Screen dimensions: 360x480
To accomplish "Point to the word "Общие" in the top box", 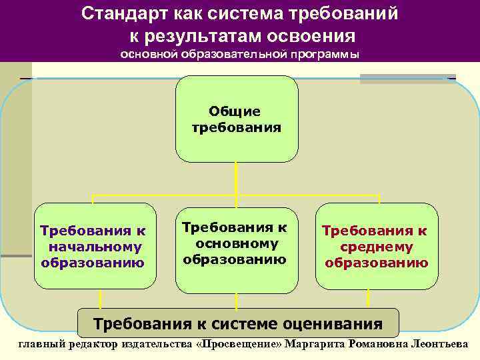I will coord(235,111).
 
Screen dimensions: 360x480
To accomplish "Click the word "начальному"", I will coord(95,247).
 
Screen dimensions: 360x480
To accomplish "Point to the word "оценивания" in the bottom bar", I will coord(335,324).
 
